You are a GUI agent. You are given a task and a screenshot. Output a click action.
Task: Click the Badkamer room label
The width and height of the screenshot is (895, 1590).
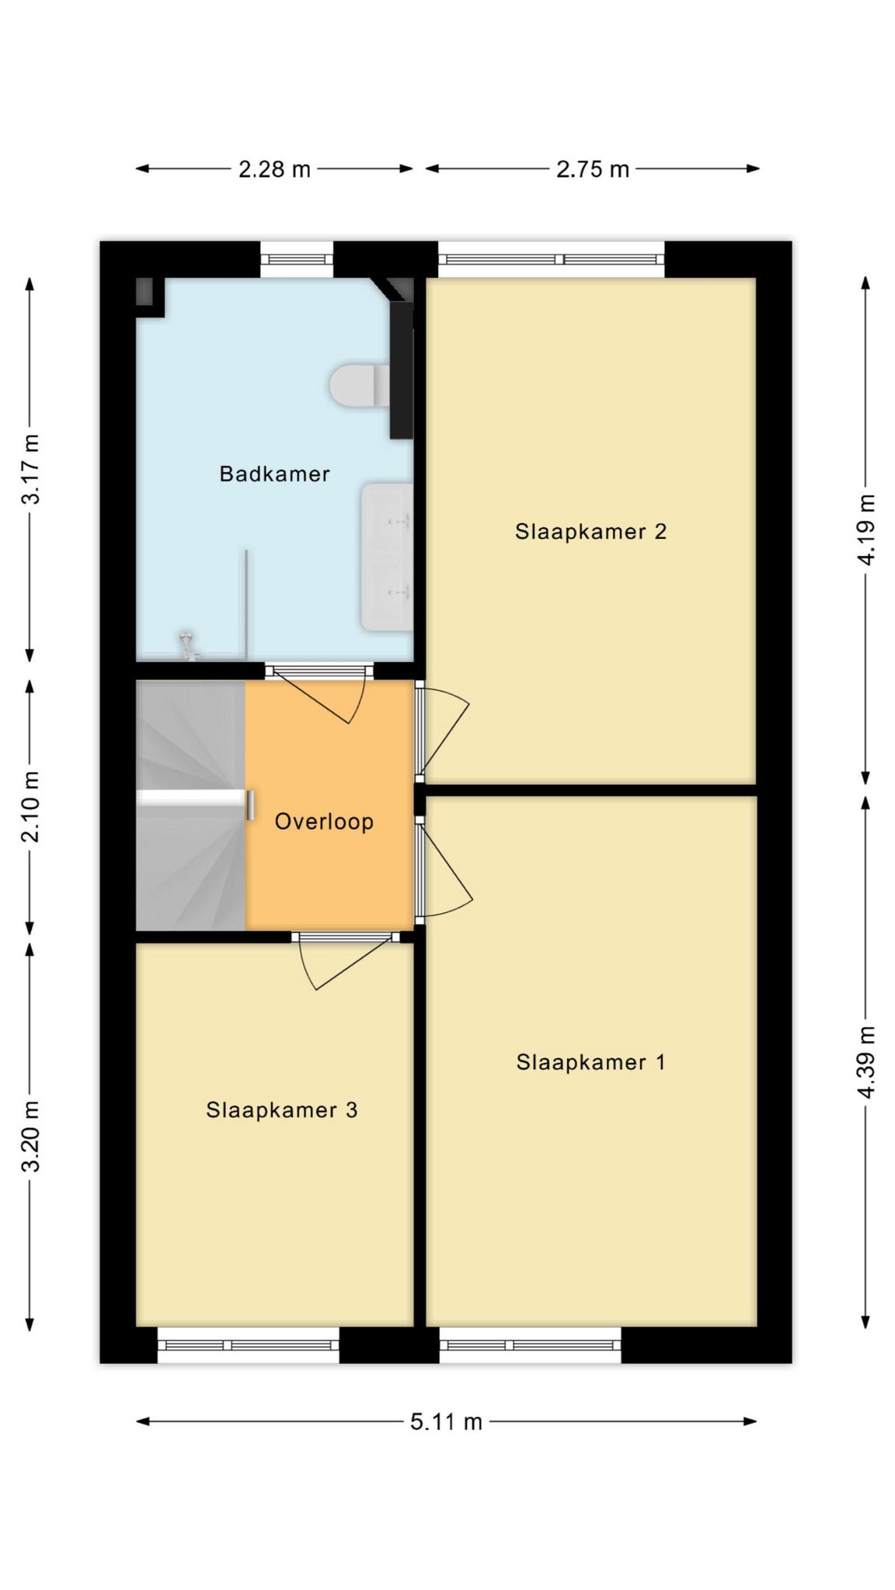pyautogui.click(x=274, y=474)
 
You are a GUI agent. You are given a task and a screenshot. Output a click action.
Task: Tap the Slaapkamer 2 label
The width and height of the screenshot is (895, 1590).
pyautogui.click(x=590, y=532)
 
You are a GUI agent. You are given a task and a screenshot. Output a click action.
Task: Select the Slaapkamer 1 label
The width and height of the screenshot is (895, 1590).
pyautogui.click(x=590, y=1062)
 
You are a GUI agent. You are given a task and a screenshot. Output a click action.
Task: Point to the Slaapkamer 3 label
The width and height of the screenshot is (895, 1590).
pyautogui.click(x=281, y=1110)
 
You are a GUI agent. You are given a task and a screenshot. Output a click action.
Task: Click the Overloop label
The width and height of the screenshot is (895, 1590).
pyautogui.click(x=324, y=821)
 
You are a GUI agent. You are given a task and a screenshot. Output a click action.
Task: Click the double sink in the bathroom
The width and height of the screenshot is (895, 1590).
pyautogui.click(x=386, y=557)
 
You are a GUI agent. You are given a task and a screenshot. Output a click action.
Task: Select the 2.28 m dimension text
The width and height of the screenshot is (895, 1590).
pyautogui.click(x=274, y=169)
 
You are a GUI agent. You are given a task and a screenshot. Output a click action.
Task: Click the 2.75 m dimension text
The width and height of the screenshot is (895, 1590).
pyautogui.click(x=592, y=169)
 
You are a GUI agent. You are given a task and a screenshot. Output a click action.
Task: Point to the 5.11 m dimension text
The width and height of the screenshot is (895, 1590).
pyautogui.click(x=446, y=1422)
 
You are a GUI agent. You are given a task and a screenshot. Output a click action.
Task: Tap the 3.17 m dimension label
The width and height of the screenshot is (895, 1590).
pyautogui.click(x=30, y=469)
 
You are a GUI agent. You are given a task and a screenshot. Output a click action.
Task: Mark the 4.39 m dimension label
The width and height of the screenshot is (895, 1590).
pyautogui.click(x=866, y=1062)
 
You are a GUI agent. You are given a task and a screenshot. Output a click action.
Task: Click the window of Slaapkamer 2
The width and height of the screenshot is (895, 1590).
pyautogui.click(x=552, y=259)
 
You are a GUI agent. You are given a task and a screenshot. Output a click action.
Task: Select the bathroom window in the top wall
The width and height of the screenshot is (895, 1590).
pyautogui.click(x=297, y=259)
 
